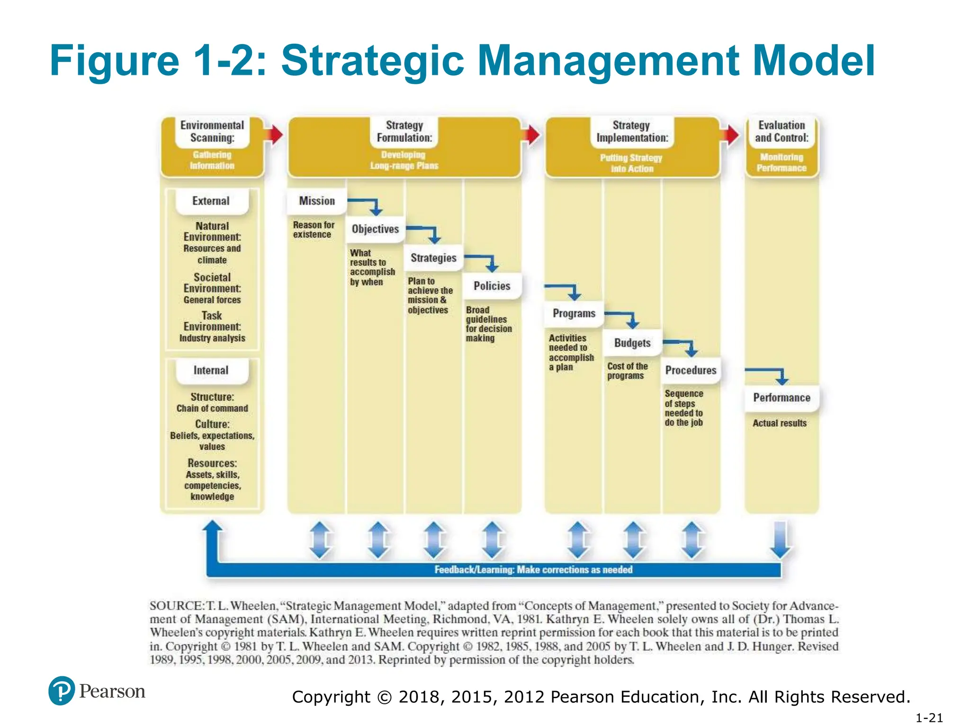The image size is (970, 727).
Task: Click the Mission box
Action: [x=316, y=201]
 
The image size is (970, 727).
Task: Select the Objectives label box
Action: [x=375, y=229]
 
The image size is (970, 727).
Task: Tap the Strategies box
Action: [x=433, y=258]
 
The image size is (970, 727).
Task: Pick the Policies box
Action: [x=492, y=286]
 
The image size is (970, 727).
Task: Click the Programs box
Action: [x=574, y=314]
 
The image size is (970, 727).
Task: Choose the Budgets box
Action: [x=632, y=343]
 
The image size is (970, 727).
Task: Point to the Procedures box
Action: [x=691, y=370]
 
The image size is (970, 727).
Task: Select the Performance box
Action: [x=781, y=398]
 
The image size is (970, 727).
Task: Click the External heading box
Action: [x=211, y=201]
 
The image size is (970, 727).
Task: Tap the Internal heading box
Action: [x=211, y=371]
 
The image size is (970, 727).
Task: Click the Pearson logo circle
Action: [x=62, y=691]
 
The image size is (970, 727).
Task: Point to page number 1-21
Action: [x=929, y=718]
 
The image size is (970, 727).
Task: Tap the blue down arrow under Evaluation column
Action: [x=780, y=540]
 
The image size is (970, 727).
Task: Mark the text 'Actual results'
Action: [x=780, y=423]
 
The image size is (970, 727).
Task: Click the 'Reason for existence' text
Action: [x=314, y=230]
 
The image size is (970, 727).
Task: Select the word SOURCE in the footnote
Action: [x=176, y=606]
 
